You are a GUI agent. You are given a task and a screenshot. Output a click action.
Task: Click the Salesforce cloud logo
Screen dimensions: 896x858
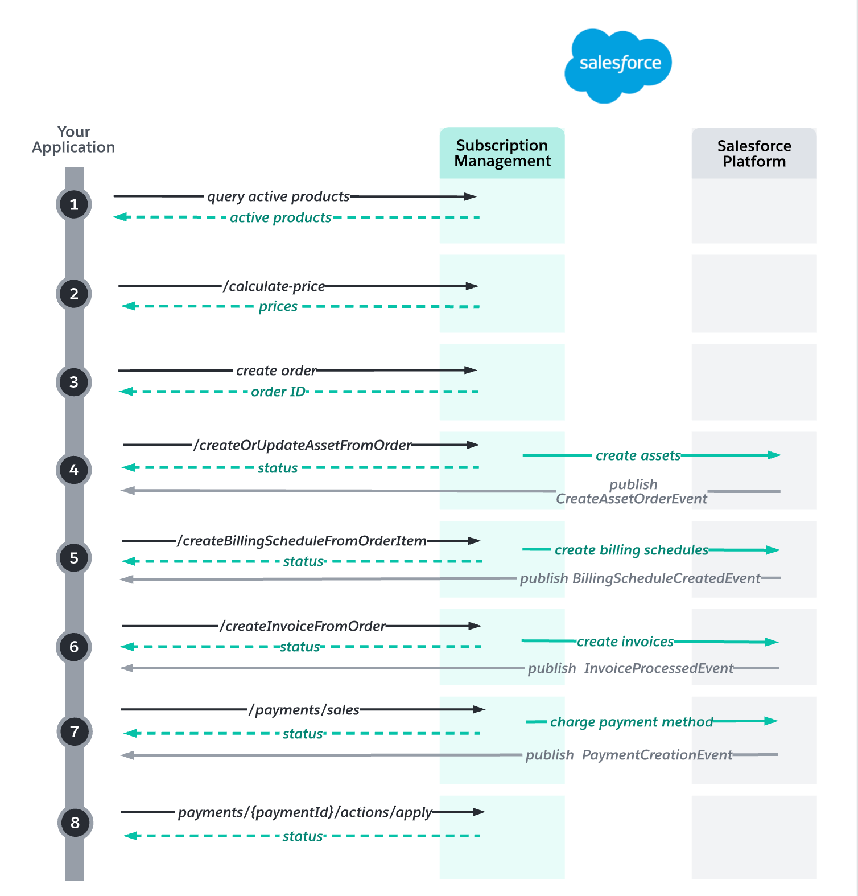coord(618,65)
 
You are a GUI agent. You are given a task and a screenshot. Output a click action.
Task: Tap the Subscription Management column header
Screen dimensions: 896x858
coord(502,153)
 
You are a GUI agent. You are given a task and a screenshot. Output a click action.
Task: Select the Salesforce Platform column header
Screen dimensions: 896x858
coord(754,154)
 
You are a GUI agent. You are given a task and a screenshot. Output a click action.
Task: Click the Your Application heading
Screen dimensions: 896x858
coord(73,139)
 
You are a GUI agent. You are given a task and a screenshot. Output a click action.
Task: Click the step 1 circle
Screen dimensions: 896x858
coord(74,204)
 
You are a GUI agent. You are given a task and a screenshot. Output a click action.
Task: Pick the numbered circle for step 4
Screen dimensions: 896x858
coord(74,470)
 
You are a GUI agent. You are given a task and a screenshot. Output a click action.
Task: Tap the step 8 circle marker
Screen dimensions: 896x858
coord(75,823)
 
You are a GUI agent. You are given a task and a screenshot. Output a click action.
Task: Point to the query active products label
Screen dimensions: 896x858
coord(278,196)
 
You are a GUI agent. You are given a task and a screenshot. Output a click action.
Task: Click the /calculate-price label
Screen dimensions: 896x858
coord(274,286)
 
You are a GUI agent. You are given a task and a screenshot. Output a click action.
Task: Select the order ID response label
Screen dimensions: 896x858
coord(278,392)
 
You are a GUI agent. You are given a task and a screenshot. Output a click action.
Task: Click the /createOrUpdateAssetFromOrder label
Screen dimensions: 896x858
coord(302,445)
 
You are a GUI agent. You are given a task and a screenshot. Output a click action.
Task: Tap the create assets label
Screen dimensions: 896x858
coord(638,455)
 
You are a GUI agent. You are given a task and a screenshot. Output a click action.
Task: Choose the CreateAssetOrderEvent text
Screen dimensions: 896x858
coord(631,499)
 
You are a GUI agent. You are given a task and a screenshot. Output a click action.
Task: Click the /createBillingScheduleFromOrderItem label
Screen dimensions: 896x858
coord(302,541)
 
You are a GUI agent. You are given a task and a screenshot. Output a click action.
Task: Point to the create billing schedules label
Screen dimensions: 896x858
coord(631,550)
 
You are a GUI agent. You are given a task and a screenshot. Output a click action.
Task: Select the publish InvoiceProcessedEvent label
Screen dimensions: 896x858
coord(630,668)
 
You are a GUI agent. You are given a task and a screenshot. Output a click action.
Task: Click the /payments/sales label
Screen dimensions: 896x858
coord(304,710)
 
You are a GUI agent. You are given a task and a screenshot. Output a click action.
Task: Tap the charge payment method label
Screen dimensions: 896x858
coord(631,722)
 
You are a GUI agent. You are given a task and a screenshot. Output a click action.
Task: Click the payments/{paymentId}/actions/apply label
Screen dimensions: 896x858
coord(305,812)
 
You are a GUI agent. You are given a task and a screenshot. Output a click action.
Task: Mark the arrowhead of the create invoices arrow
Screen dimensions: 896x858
coord(772,642)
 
